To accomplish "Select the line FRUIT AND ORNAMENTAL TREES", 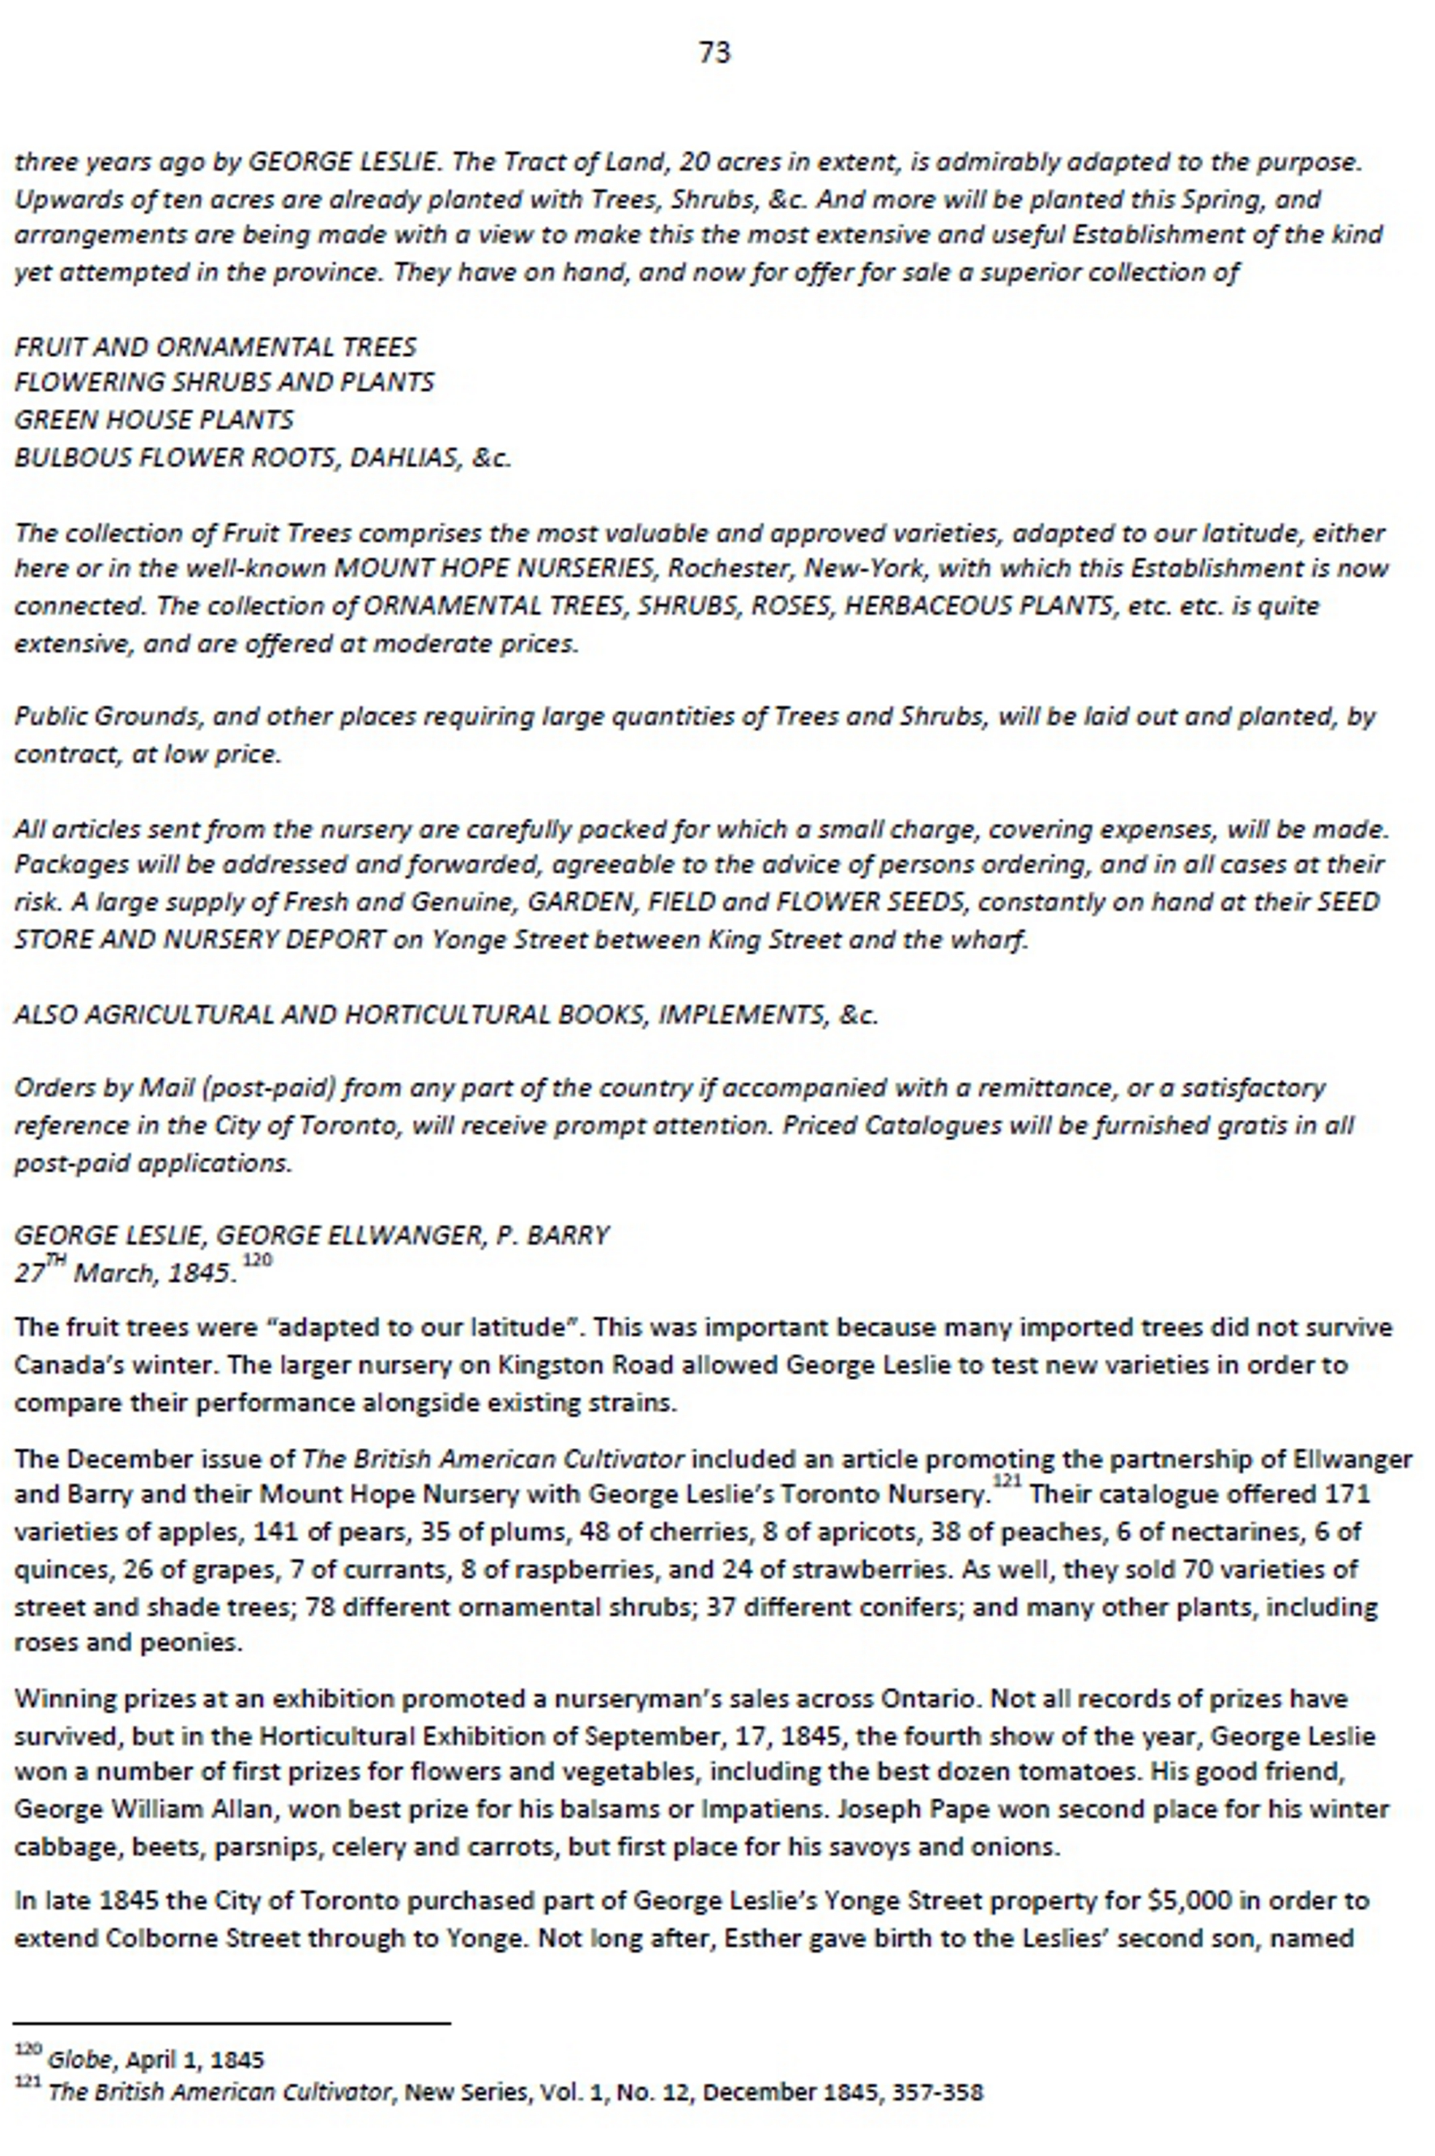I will [x=215, y=347].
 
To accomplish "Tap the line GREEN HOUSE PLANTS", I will [x=154, y=420].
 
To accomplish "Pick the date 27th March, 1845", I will [x=126, y=1273].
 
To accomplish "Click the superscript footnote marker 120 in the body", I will [x=258, y=1260].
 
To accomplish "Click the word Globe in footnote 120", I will [x=80, y=2060].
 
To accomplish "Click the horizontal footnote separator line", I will [x=232, y=2023].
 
